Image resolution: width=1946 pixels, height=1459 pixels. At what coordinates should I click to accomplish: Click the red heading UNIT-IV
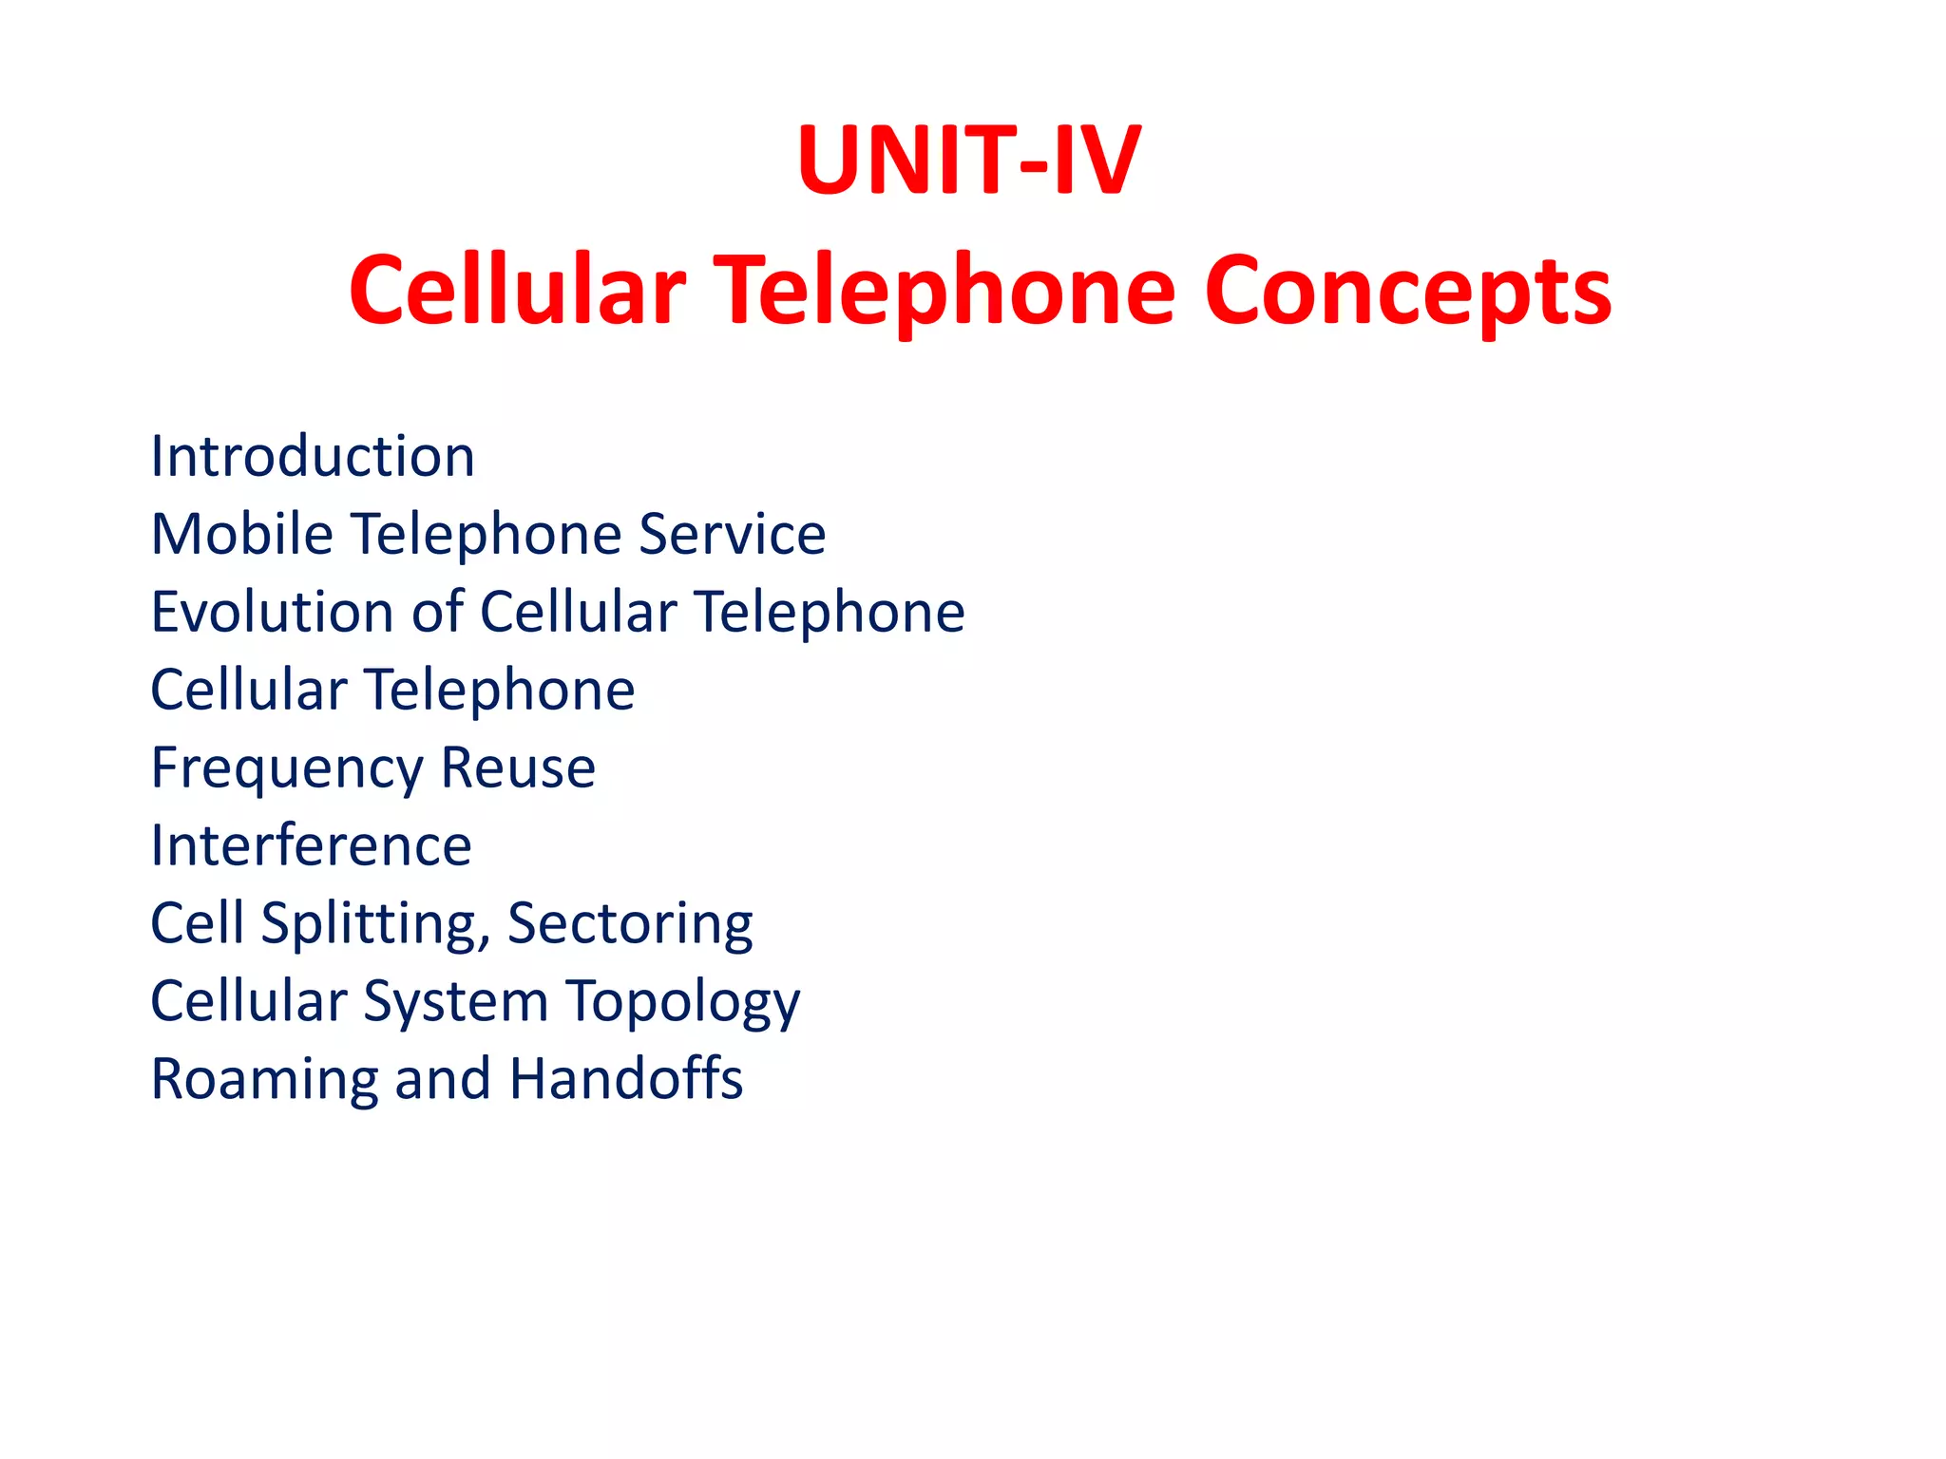tap(968, 161)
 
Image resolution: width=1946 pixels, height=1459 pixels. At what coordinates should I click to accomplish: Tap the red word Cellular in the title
tap(517, 291)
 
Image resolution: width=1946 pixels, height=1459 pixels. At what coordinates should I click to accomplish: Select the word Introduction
tap(313, 456)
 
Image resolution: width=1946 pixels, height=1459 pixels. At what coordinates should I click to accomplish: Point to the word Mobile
tap(242, 534)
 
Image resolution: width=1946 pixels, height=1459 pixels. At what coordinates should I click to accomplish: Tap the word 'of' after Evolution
tap(438, 612)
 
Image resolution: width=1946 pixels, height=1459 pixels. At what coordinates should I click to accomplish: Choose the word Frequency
tap(286, 769)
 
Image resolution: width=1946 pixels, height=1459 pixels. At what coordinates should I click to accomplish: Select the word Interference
tap(311, 845)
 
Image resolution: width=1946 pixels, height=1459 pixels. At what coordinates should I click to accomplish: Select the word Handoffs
tap(626, 1079)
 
